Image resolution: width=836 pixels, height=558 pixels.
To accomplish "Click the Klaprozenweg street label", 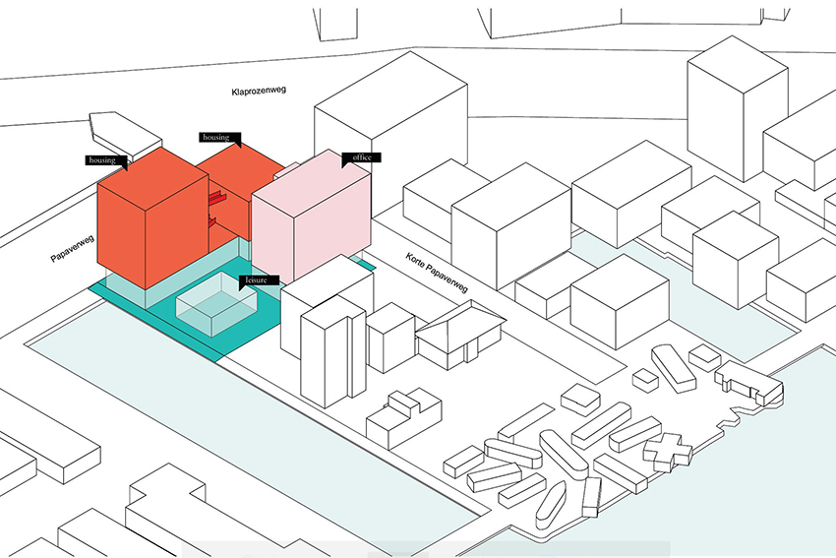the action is pyautogui.click(x=259, y=91).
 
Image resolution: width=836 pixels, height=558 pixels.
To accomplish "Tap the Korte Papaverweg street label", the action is pyautogui.click(x=437, y=273).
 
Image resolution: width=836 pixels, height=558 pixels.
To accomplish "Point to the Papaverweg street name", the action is pyautogui.click(x=73, y=249).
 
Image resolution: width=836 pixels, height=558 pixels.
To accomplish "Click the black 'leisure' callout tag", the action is pyautogui.click(x=259, y=280).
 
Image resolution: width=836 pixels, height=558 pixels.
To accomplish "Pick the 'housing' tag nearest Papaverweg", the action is pyautogui.click(x=106, y=161).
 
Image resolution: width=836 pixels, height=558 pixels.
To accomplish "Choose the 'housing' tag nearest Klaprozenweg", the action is pyautogui.click(x=220, y=138).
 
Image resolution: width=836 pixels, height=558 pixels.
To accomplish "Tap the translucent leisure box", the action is pyautogui.click(x=216, y=304).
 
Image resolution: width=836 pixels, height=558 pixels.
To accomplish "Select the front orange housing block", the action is pyautogui.click(x=152, y=217).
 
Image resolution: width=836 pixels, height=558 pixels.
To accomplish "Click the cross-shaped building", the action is pyautogui.click(x=669, y=453).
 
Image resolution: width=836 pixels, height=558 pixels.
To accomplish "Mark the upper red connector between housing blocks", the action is pyautogui.click(x=217, y=199).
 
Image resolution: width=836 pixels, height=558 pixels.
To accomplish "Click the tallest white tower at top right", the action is pyautogui.click(x=738, y=109).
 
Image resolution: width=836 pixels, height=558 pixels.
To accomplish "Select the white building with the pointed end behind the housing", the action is pyautogui.click(x=125, y=134).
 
